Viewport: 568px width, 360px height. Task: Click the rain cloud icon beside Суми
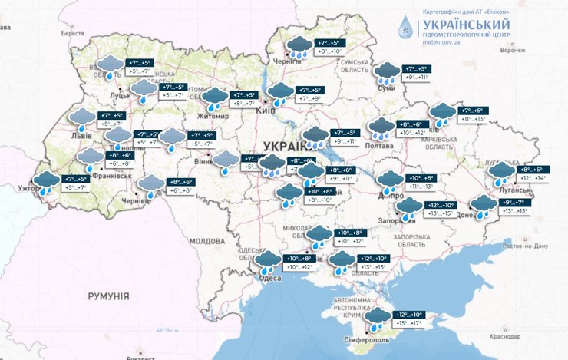coord(387,74)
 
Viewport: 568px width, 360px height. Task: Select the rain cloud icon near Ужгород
coord(48,182)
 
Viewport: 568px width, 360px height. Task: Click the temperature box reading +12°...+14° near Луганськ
coord(533,178)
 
